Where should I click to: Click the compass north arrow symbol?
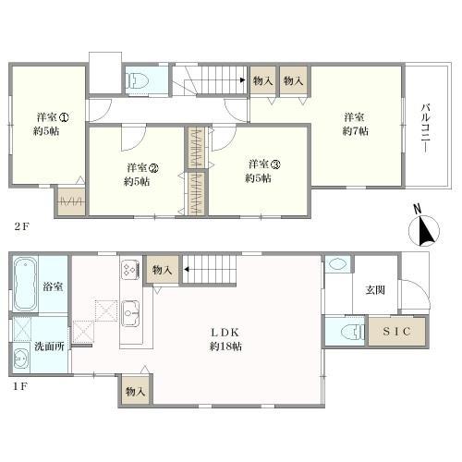424,227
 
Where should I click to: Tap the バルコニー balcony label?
426,128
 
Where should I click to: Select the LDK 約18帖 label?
225,339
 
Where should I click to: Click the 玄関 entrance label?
375,290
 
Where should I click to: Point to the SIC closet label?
397,332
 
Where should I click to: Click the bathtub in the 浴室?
25,285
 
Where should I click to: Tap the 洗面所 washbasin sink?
21,359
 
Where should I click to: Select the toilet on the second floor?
138,81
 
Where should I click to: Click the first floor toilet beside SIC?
353,332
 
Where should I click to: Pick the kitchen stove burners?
130,270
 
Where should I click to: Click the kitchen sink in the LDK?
130,313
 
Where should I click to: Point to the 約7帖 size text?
355,131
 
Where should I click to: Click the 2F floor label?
21,226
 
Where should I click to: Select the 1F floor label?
20,386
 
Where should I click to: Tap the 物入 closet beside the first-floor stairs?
163,270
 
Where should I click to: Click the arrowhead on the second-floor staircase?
243,80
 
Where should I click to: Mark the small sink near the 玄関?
338,264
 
